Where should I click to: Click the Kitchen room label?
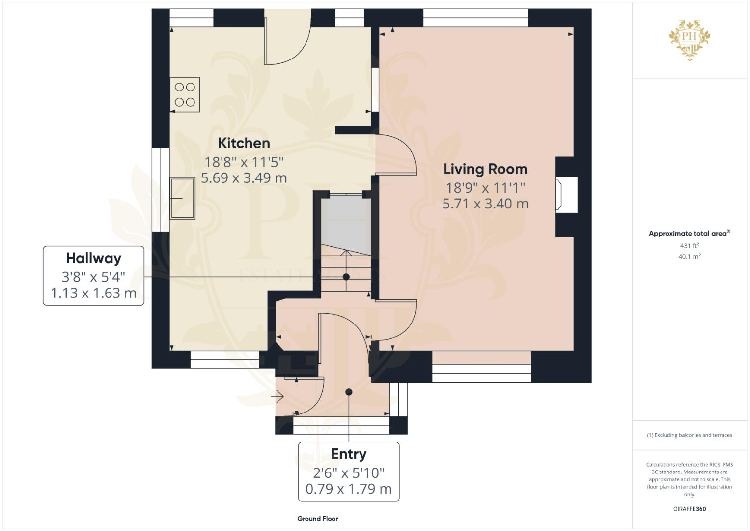(244, 143)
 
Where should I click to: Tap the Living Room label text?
(485, 169)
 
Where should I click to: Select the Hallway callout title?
(93, 258)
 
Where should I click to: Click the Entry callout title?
(349, 454)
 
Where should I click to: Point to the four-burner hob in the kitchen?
(185, 94)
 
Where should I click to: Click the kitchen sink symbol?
(182, 198)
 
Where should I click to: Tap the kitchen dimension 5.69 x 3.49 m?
(244, 178)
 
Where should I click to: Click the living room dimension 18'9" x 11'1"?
(485, 188)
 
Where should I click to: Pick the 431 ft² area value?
(689, 245)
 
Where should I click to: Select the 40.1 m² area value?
(689, 256)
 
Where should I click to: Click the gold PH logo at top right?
(690, 39)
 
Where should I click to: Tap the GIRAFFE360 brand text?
(689, 509)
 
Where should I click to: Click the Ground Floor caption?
(317, 519)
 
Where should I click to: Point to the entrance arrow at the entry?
(278, 396)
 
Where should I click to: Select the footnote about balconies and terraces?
(689, 435)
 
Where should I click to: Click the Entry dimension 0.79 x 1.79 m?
(349, 489)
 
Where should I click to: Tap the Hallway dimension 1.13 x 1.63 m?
(93, 294)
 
